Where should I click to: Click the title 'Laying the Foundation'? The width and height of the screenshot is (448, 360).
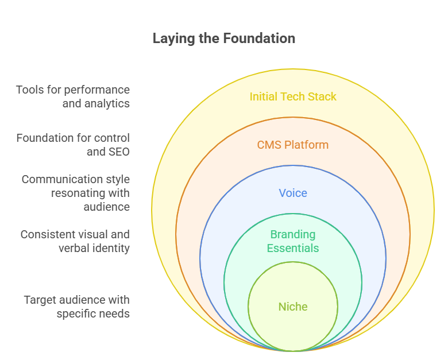coord(224,38)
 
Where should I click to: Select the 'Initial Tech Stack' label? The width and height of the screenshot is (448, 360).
coord(293,96)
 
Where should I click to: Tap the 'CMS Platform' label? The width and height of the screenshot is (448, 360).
coord(293,145)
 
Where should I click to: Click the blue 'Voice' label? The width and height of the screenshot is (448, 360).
coord(293,193)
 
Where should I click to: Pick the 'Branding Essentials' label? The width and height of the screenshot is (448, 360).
coord(293,241)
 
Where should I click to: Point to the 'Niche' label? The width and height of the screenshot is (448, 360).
coord(293,307)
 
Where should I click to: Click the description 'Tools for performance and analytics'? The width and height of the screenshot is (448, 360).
coord(73,96)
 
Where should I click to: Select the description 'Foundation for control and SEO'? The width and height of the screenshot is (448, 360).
coord(73,145)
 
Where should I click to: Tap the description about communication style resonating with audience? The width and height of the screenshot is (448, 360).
coord(76,193)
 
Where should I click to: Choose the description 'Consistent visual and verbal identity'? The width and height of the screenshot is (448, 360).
coord(75,241)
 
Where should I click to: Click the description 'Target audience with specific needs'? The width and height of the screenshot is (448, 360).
coord(76,307)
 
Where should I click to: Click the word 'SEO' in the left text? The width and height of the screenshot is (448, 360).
coord(118,152)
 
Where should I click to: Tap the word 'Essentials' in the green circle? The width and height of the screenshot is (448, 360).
coord(293,248)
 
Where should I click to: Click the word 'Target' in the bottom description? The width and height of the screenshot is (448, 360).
coord(39,300)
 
